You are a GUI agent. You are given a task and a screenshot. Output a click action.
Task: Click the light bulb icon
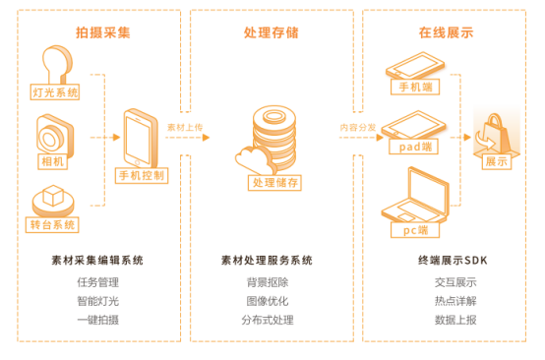pyautogui.click(x=56, y=64)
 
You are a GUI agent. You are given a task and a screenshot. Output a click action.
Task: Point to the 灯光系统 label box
pyautogui.click(x=55, y=92)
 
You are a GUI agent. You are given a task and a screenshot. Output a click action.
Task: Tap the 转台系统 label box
pyautogui.click(x=52, y=224)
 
